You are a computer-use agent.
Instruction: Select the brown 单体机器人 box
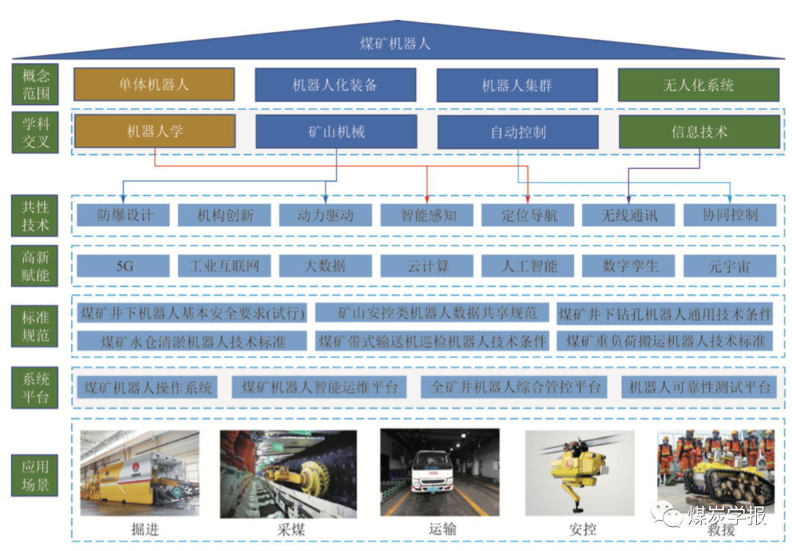tap(154, 84)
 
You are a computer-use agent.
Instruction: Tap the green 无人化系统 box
tap(698, 84)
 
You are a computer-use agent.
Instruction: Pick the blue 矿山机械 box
tap(336, 133)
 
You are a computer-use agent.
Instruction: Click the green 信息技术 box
tap(699, 133)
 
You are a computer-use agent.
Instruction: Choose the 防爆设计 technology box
tap(123, 215)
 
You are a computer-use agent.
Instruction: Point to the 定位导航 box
tap(528, 215)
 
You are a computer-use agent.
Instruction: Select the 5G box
tap(123, 266)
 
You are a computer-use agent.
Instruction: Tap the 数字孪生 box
tap(628, 266)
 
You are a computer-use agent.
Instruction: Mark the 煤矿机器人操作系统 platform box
tap(148, 387)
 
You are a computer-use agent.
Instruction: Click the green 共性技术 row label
tap(35, 215)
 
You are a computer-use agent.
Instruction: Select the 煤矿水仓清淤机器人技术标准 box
tap(193, 341)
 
